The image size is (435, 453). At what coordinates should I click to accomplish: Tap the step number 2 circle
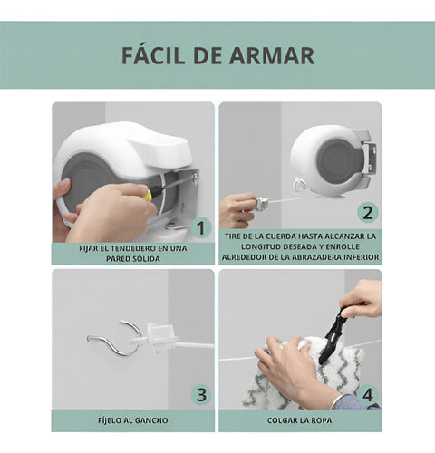point(367,213)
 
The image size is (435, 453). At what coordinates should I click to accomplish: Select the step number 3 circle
point(200,394)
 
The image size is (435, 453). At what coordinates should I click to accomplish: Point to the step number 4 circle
point(367,394)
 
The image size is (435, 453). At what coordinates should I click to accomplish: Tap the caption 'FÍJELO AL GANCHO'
point(132,419)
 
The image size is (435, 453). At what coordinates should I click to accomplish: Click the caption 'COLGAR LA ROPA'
point(299,419)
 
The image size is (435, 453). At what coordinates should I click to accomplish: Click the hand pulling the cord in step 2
point(238,208)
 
